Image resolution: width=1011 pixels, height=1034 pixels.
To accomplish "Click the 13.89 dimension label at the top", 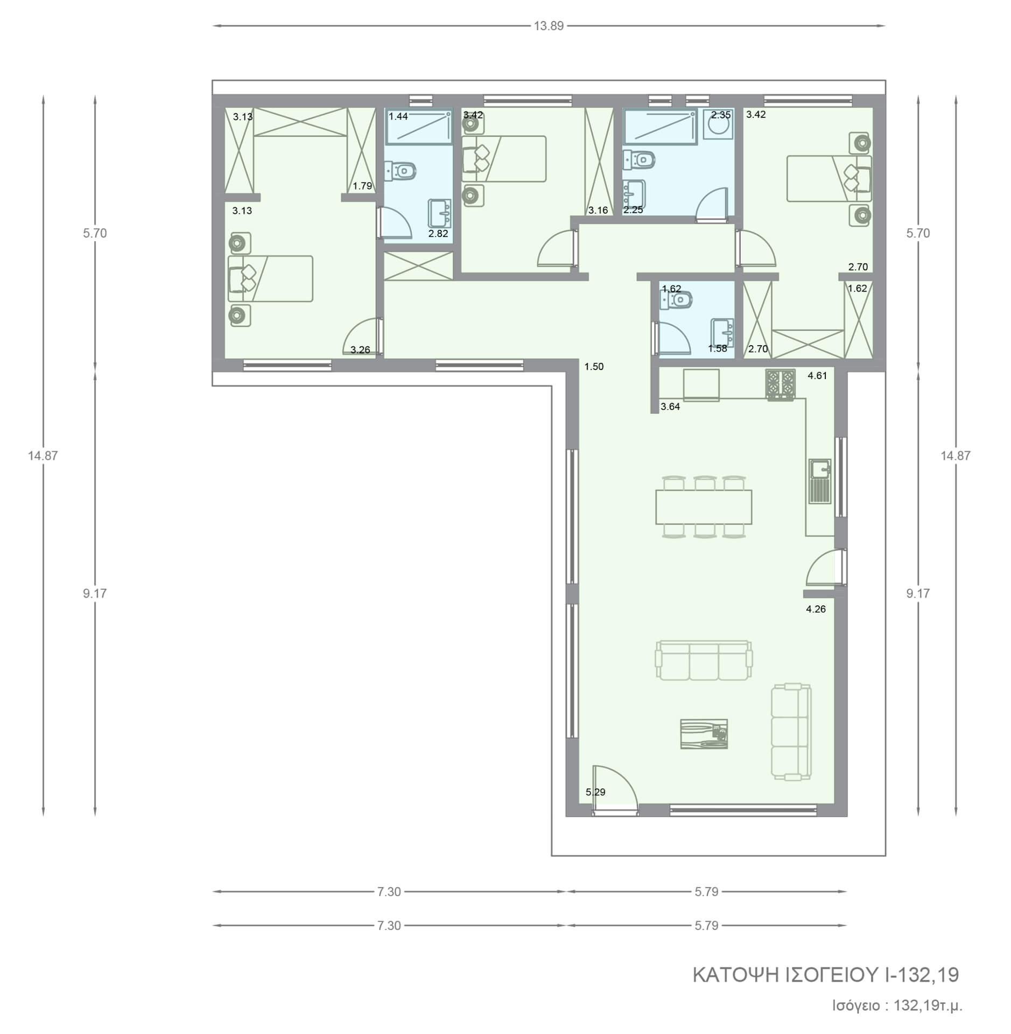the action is pos(549,26).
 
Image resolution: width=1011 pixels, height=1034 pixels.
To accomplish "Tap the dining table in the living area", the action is pos(704,507).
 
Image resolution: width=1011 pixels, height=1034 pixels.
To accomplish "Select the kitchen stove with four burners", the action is pos(780,384).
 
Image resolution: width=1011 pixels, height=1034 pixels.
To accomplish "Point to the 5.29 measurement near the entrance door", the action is pos(595,792).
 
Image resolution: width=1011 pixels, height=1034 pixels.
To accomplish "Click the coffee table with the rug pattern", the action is pos(704,733).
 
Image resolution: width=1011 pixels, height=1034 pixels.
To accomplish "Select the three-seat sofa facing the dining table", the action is pos(704,660).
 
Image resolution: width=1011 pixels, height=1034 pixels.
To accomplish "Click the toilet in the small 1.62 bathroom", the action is pos(677,299).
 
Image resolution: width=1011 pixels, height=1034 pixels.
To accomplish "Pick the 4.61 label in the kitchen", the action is pos(817,376).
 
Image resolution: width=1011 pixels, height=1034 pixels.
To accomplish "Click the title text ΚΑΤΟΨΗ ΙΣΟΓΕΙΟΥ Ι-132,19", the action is pos(825,975).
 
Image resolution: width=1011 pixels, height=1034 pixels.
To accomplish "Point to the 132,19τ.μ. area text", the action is pos(928,1005).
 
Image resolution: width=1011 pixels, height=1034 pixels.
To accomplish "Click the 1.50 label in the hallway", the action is pos(594,367).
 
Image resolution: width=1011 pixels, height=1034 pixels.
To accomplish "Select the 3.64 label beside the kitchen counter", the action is pos(670,407).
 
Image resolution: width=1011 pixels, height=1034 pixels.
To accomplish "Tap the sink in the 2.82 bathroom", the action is pos(440,214).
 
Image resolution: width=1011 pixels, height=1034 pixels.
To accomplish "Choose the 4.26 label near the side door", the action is pos(816,609).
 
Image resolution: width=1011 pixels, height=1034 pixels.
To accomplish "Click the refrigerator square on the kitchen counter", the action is pos(701,385).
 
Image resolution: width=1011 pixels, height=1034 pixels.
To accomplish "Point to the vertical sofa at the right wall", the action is pos(791,731).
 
